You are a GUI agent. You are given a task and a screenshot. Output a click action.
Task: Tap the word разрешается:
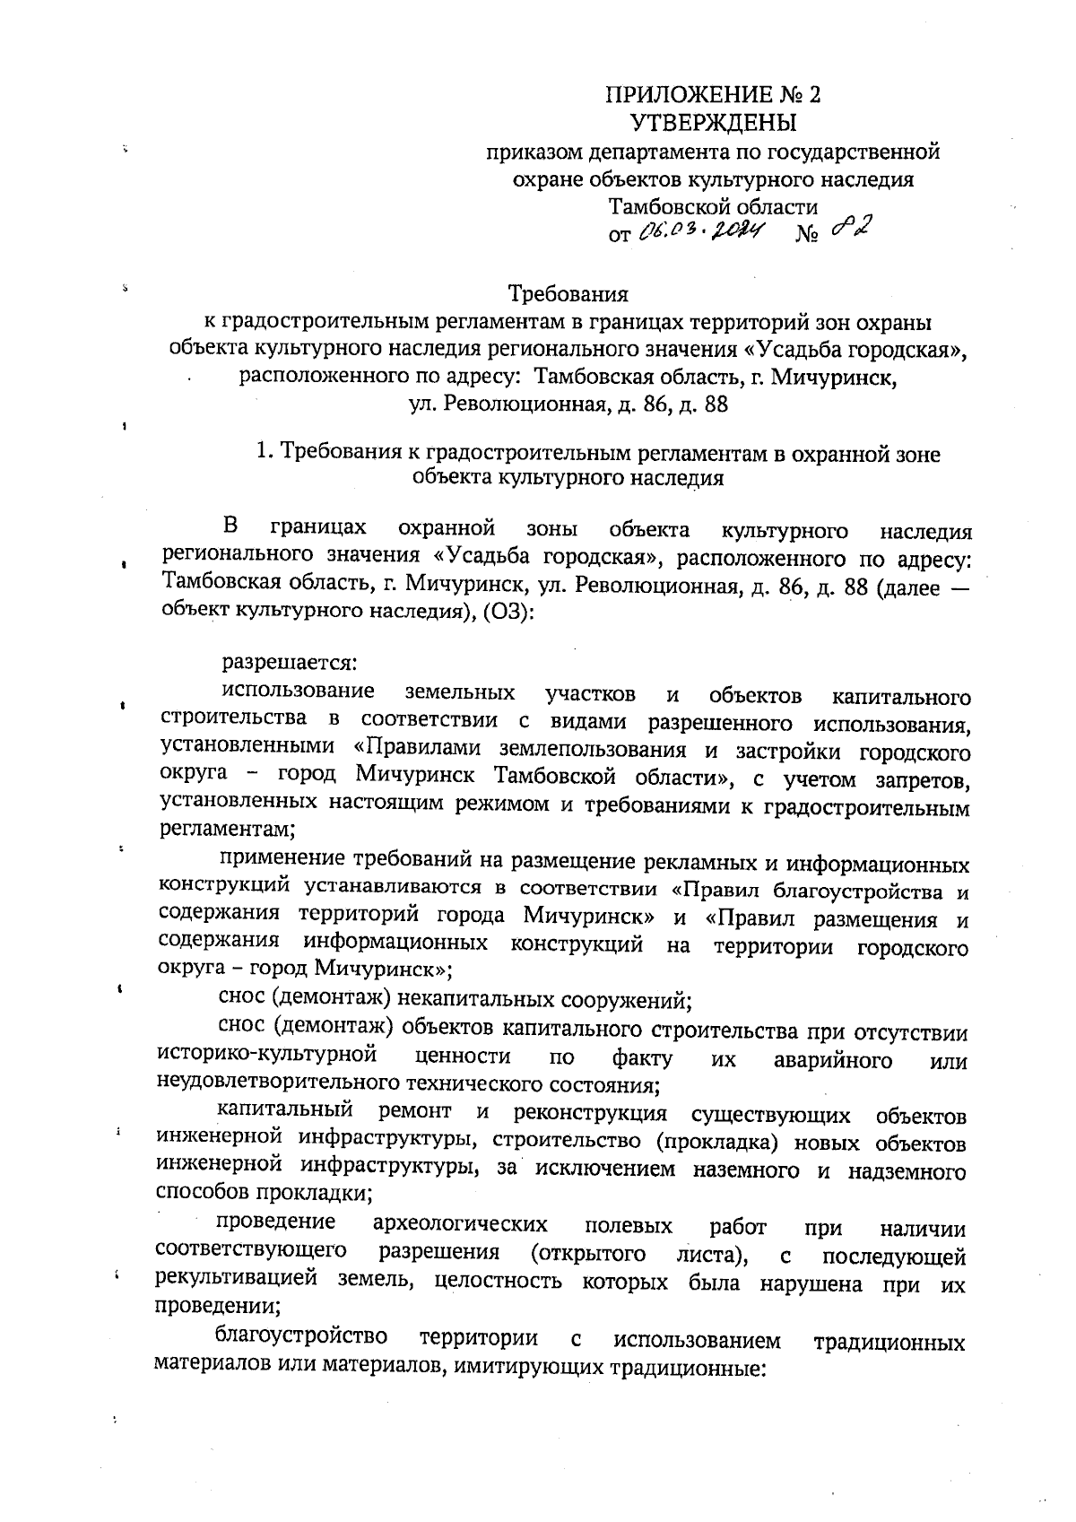290,664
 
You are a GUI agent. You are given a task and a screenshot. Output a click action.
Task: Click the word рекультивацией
237,1280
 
